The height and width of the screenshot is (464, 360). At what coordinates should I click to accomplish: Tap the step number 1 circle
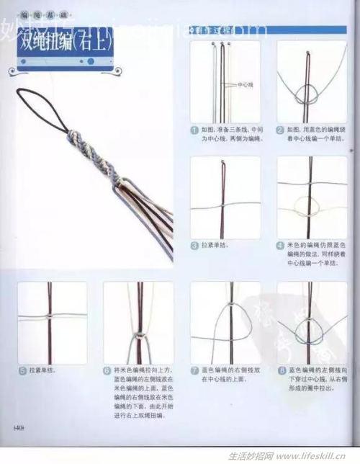(x=194, y=130)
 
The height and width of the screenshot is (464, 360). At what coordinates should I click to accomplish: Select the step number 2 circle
(x=280, y=130)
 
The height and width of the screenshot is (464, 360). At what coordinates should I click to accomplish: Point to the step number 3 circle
(x=194, y=245)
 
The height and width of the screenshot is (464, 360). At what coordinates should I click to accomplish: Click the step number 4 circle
(x=280, y=245)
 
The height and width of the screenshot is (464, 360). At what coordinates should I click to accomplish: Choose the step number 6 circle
(x=107, y=370)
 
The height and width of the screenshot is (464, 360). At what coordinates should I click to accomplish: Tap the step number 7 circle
(x=194, y=370)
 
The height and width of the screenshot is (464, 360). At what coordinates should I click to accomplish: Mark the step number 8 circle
(x=280, y=370)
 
